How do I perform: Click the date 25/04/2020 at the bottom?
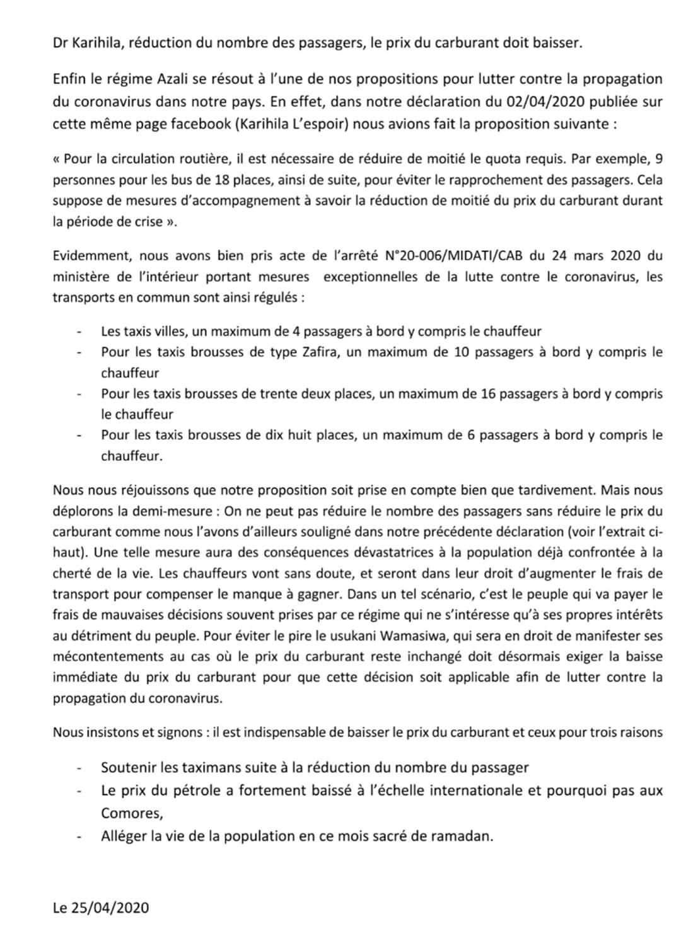(110, 908)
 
